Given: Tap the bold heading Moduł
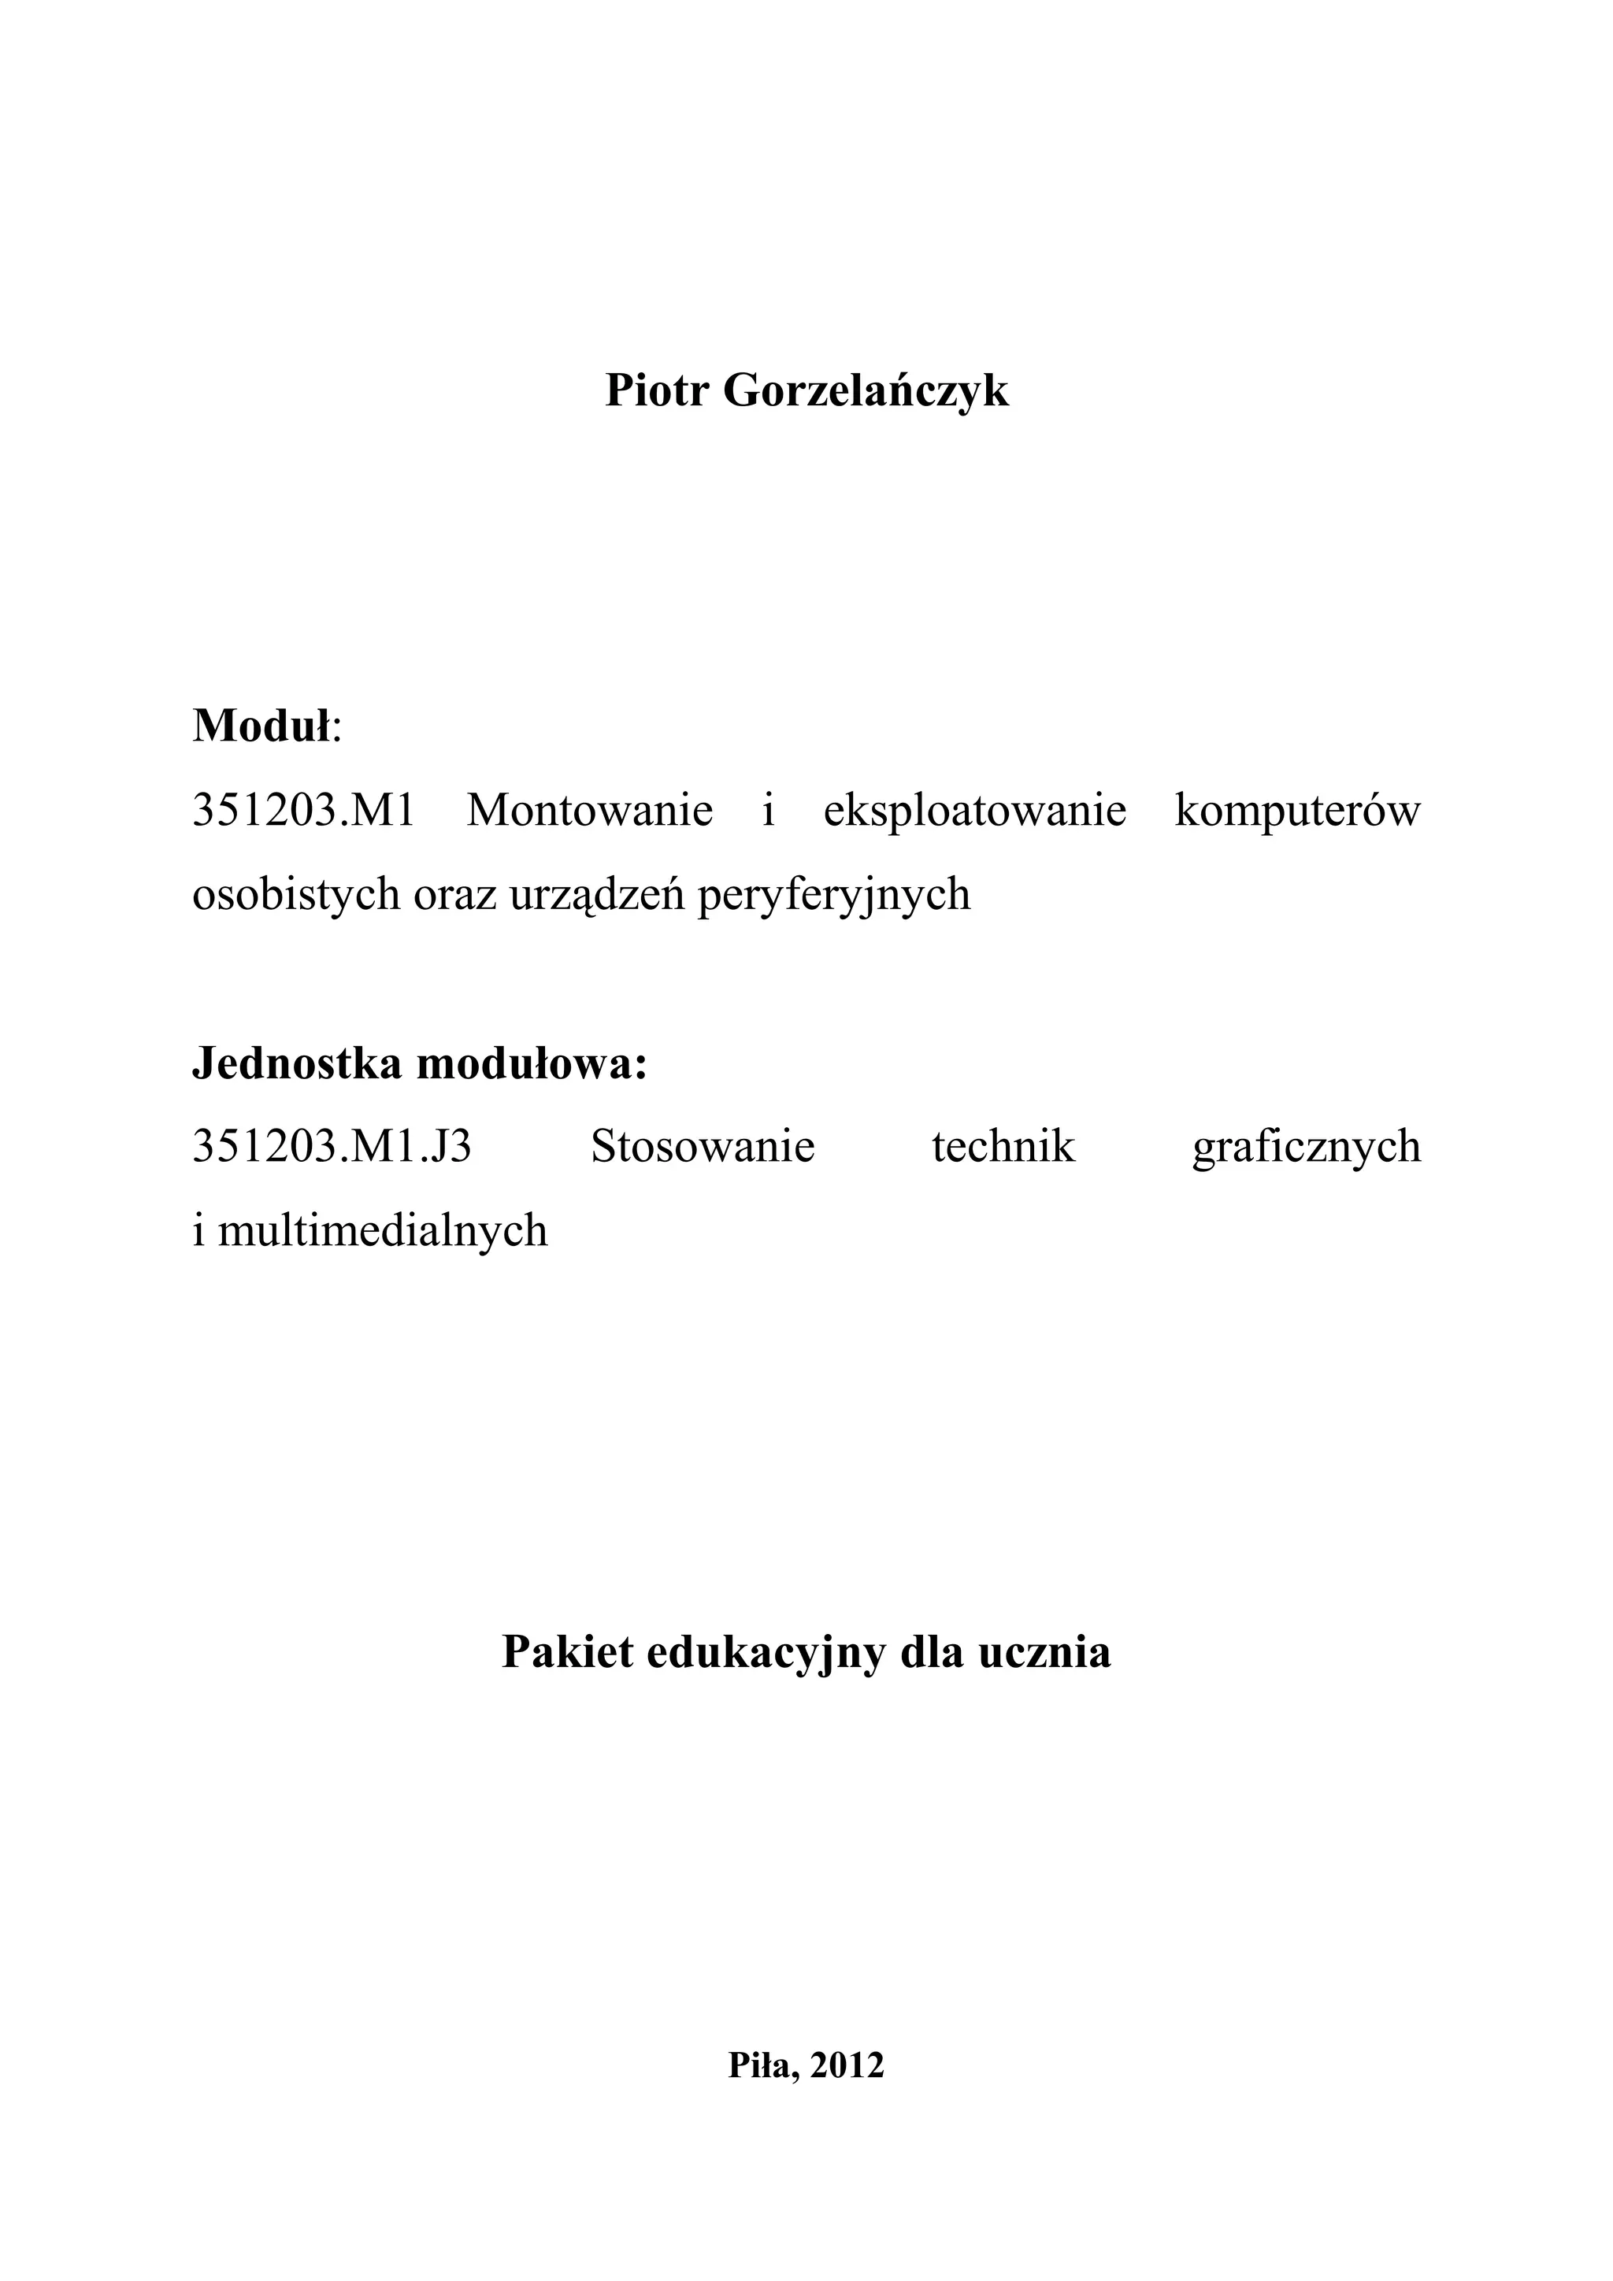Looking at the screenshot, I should pyautogui.click(x=261, y=726).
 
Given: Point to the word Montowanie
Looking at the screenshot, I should pyautogui.click(x=591, y=811).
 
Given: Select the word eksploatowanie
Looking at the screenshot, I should pyautogui.click(x=975, y=811).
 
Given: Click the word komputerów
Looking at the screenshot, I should pyautogui.click(x=1298, y=811).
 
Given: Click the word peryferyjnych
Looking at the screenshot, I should pyautogui.click(x=834, y=895).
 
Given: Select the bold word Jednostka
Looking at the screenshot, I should pyautogui.click(x=297, y=1064).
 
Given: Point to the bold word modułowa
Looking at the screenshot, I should pyautogui.click(x=532, y=1064).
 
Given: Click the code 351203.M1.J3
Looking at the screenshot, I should pyautogui.click(x=332, y=1148).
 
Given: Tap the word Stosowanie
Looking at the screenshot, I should pyautogui.click(x=703, y=1148).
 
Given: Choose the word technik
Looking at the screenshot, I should pyautogui.click(x=1003, y=1148).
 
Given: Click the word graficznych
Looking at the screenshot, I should pyautogui.click(x=1307, y=1148).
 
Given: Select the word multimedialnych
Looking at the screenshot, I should pyautogui.click(x=383, y=1232).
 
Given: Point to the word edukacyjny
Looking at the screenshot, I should pyautogui.click(x=766, y=1653).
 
